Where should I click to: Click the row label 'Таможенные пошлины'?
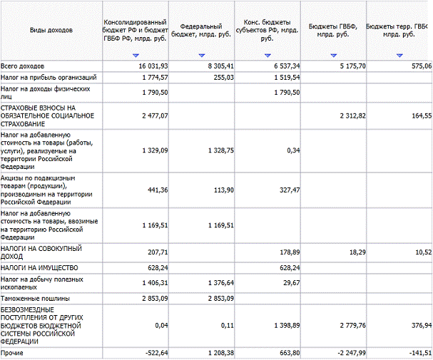pyautogui.click(x=35, y=298)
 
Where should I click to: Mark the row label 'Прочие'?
pyautogui.click(x=11, y=353)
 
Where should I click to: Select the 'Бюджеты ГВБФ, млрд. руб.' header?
pyautogui.click(x=333, y=31)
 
